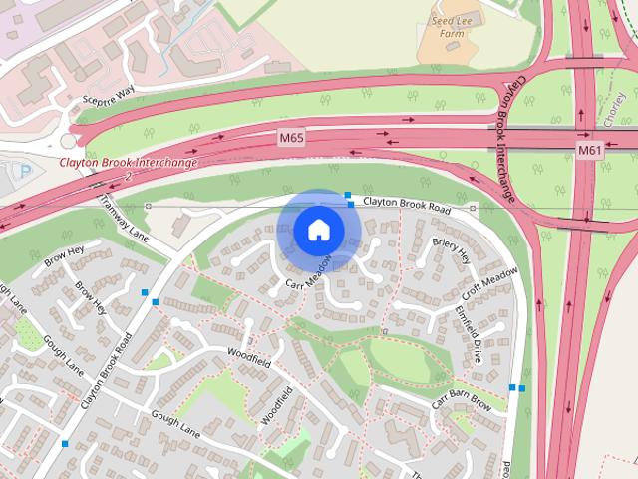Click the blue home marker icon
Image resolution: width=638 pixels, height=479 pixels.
click(318, 230)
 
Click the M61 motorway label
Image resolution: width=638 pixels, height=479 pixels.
click(589, 150)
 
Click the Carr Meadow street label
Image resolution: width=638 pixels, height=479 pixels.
click(307, 280)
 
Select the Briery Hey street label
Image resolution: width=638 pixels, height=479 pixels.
click(451, 249)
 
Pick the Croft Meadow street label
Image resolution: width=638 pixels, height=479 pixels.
click(489, 282)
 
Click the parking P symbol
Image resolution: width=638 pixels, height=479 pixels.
click(26, 171)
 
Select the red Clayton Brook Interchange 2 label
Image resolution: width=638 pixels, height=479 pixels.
click(128, 166)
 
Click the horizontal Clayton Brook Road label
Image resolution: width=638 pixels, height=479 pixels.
click(407, 204)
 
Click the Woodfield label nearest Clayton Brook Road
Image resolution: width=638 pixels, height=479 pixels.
click(249, 353)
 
